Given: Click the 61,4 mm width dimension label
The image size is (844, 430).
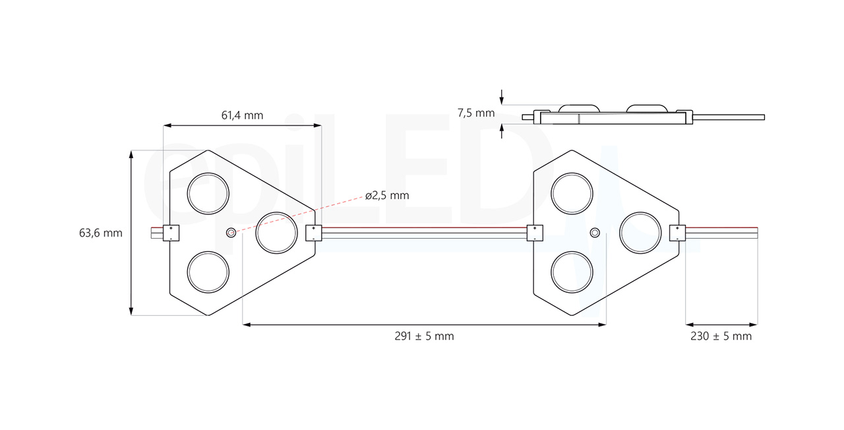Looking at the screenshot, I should point(242,115).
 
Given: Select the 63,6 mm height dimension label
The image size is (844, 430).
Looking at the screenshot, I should point(101,233).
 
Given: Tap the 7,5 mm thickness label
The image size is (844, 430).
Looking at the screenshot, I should point(475,113).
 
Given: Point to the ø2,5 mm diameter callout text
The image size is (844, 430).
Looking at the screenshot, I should point(387,195).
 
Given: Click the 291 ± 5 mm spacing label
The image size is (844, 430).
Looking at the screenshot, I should point(424,336).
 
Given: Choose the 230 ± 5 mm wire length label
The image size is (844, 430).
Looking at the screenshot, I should point(721,336).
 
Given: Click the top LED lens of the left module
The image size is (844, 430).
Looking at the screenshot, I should point(208,193).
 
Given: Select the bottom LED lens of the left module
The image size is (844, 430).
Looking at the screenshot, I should point(208,272).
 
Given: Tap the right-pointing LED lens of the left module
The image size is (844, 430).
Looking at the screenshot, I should point(276,232).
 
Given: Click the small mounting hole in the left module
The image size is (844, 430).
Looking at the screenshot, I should point(231,232).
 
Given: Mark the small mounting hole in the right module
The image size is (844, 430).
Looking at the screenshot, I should point(595,233).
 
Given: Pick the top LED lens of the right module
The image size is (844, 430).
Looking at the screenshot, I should point(572,193).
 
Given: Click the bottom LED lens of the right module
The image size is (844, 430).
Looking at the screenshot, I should point(572,272).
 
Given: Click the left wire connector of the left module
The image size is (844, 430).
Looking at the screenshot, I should point(171,232).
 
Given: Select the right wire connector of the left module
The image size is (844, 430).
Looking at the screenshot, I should point(313,232).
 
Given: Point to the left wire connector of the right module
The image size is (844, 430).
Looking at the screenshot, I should point(535,232).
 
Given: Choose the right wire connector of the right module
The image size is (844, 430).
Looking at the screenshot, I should point(677,232).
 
